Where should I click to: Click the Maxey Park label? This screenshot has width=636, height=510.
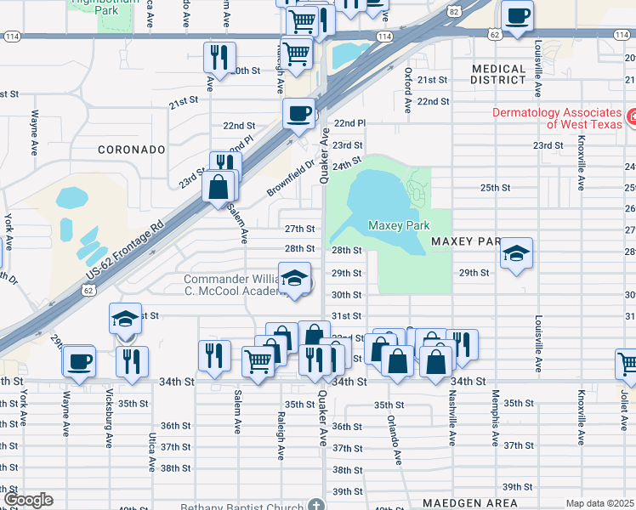point(399,225)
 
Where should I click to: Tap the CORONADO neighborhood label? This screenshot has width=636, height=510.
point(131,149)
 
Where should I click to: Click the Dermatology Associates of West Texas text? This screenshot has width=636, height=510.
point(558,118)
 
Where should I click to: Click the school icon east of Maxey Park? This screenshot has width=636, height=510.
point(516,253)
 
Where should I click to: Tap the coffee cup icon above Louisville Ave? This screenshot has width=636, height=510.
point(516,15)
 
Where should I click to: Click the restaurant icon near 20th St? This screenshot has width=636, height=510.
point(219,57)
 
